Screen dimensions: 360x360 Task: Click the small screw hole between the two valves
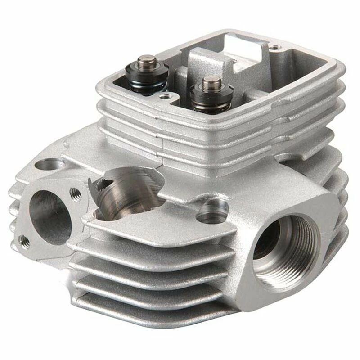[x=166, y=96]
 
